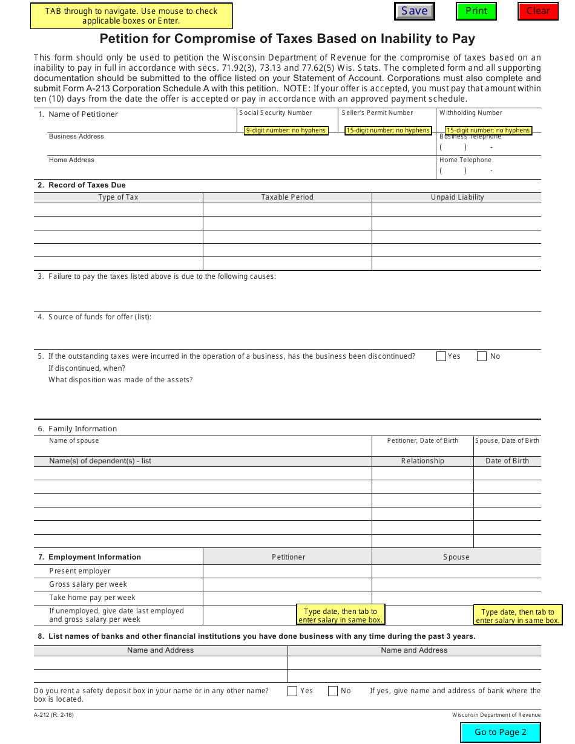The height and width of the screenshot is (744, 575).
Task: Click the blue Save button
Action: [x=414, y=11]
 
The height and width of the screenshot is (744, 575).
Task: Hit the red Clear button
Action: [x=537, y=11]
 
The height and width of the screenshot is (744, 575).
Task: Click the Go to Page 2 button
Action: [x=500, y=732]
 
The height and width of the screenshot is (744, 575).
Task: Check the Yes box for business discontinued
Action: [x=441, y=356]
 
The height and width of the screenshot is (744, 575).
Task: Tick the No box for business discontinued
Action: [x=482, y=356]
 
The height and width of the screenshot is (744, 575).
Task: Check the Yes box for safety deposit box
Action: [x=292, y=691]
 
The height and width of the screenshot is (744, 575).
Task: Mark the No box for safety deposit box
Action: [x=333, y=691]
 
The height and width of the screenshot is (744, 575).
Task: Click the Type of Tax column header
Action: [x=118, y=197]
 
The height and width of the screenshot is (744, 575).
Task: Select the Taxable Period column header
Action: [x=287, y=197]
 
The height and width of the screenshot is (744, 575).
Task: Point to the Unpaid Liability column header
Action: [x=457, y=197]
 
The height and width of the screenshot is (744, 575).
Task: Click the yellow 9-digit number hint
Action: [x=286, y=130]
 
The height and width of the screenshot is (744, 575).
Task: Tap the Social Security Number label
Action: [x=275, y=113]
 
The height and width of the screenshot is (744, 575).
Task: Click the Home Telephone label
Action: [x=465, y=160]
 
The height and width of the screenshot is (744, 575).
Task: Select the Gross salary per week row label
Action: [x=88, y=584]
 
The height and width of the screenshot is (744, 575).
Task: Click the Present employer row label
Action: [x=80, y=571]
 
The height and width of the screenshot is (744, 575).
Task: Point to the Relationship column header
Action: [x=422, y=461]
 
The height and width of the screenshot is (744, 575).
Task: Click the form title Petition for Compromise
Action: [x=287, y=39]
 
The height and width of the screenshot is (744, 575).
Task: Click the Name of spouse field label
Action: [x=74, y=441]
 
